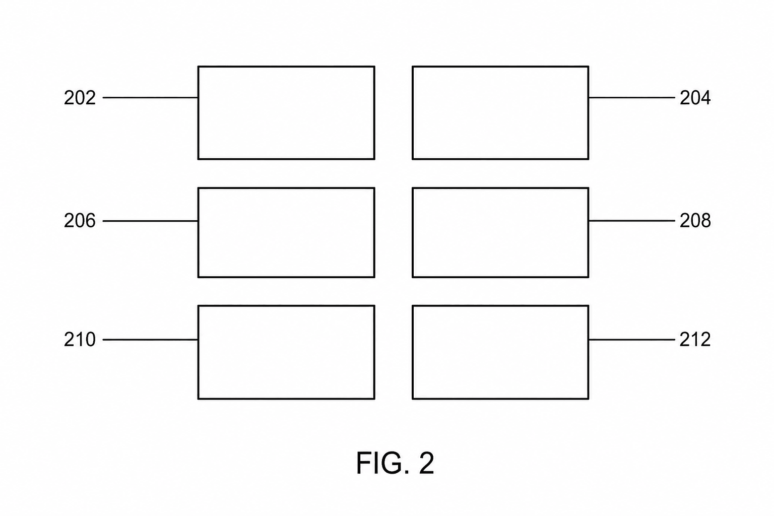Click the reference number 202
[80, 98]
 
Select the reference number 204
[695, 98]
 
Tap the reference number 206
[80, 221]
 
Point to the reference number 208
[695, 221]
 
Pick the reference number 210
[80, 340]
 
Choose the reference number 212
[695, 340]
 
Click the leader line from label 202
[150, 98]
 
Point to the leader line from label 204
[631, 98]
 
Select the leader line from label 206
[150, 221]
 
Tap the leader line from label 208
[631, 221]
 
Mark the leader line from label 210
[150, 340]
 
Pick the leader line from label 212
[631, 340]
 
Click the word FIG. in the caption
[383, 464]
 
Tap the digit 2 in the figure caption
[426, 463]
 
